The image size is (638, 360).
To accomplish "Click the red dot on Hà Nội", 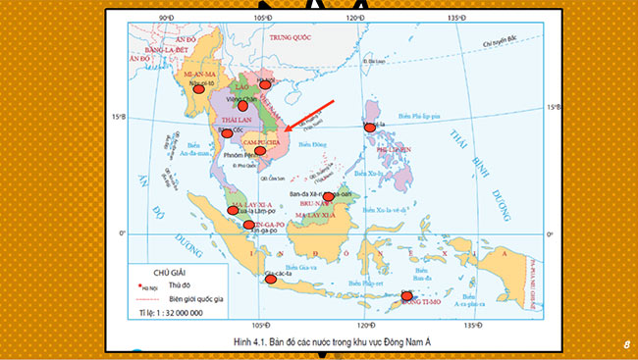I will tap(264, 84).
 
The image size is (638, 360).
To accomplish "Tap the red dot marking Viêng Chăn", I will tap(229, 106).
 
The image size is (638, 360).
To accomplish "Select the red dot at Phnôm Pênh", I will tap(246, 151).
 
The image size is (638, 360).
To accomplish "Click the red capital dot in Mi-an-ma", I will tap(199, 87).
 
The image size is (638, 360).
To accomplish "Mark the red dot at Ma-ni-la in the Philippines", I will tap(369, 127).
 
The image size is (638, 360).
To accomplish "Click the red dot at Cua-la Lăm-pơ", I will tap(234, 210).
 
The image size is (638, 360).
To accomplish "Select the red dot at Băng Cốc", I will tap(227, 132).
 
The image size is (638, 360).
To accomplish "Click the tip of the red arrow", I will tap(285, 129).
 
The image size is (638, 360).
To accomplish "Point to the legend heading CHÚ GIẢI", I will tap(173, 272).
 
